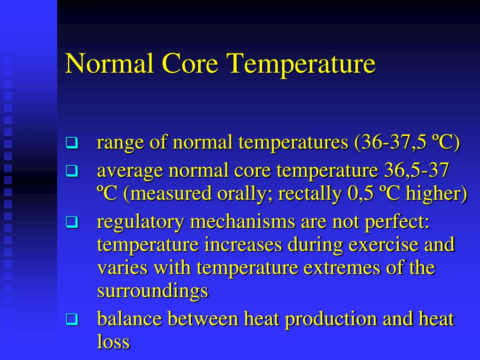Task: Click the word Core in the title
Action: click(191, 64)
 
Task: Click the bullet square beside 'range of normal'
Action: click(71, 142)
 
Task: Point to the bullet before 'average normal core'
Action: click(71, 172)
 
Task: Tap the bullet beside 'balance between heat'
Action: click(71, 320)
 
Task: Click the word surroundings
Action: click(152, 292)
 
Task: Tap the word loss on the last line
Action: click(113, 342)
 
